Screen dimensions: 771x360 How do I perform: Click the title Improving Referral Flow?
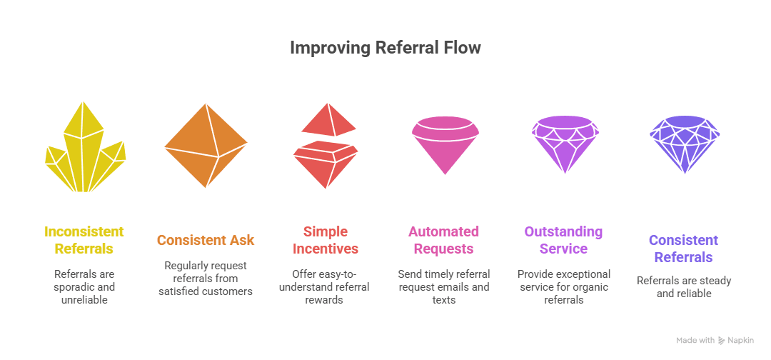[385, 48]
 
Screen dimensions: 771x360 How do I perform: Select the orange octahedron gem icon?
[206, 146]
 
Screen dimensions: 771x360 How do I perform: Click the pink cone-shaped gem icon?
[445, 145]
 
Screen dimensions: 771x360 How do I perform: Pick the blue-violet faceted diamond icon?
[685, 144]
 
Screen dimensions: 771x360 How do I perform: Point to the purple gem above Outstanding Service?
[565, 144]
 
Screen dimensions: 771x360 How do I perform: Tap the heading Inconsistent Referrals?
[84, 240]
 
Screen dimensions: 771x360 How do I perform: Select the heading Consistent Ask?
[206, 240]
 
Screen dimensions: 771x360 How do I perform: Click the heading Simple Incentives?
[326, 240]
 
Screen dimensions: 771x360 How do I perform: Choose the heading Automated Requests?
[443, 240]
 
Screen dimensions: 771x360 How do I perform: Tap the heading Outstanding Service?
[563, 240]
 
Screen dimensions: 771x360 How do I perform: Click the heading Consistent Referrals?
[683, 249]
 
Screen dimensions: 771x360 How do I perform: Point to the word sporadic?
[77, 287]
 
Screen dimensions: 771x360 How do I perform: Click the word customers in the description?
[231, 291]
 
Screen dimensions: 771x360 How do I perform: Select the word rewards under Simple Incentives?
[324, 299]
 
